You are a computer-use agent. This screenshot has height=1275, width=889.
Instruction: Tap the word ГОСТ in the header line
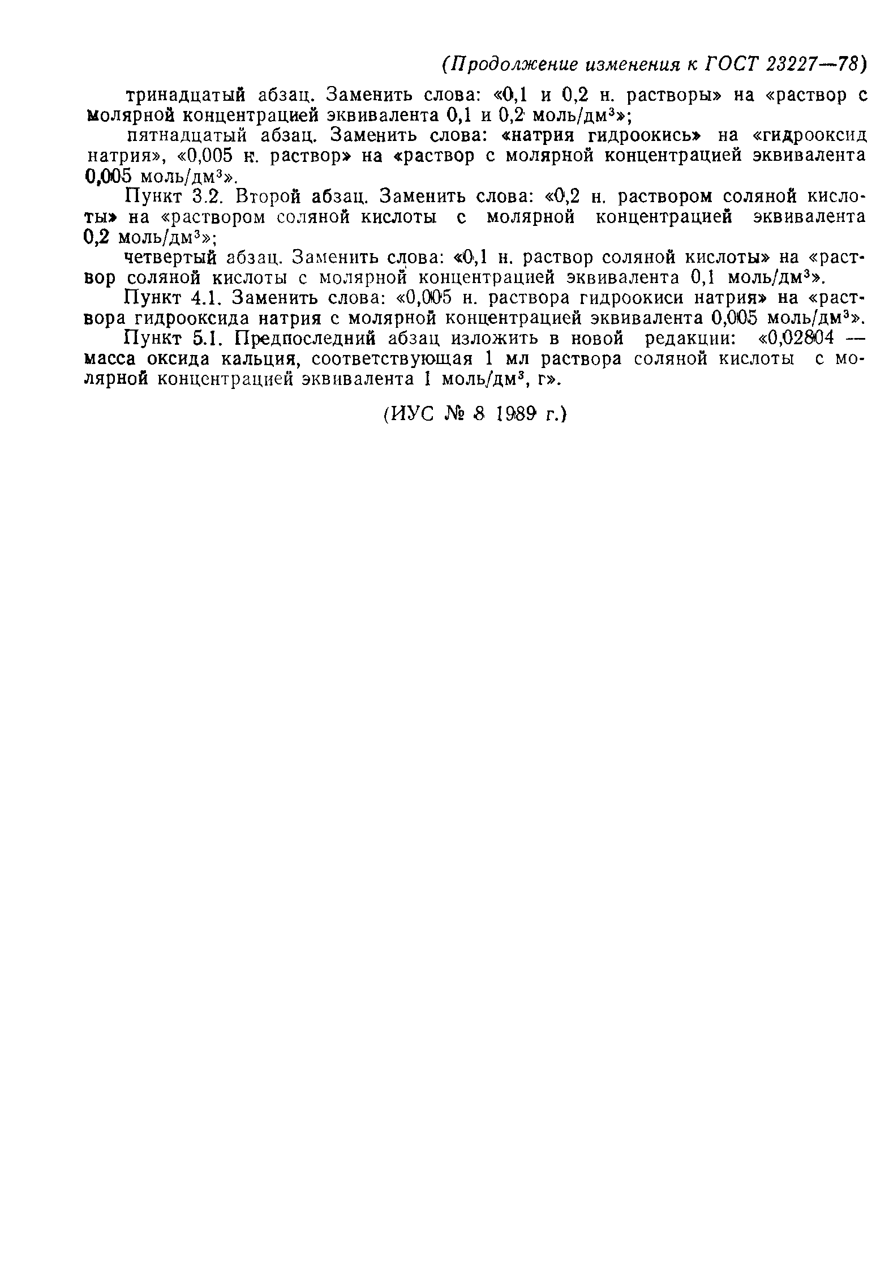[x=731, y=65]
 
